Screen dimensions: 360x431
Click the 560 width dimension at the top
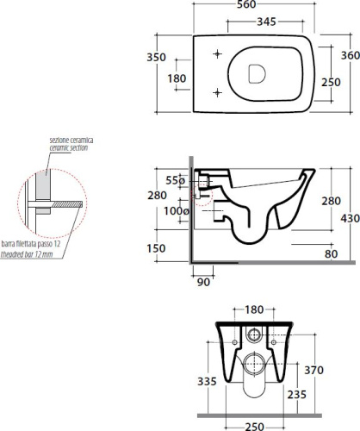(246, 4)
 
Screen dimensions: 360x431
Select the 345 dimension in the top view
(266, 22)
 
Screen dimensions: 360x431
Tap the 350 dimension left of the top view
(157, 57)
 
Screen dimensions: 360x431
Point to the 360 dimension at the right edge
(351, 55)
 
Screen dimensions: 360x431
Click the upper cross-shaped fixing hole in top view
(217, 53)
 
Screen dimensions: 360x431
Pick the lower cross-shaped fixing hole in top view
(217, 92)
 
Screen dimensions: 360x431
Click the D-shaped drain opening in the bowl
(257, 73)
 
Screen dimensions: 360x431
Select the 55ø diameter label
(176, 181)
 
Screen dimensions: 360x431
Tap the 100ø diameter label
(177, 211)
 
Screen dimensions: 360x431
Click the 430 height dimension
(351, 219)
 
